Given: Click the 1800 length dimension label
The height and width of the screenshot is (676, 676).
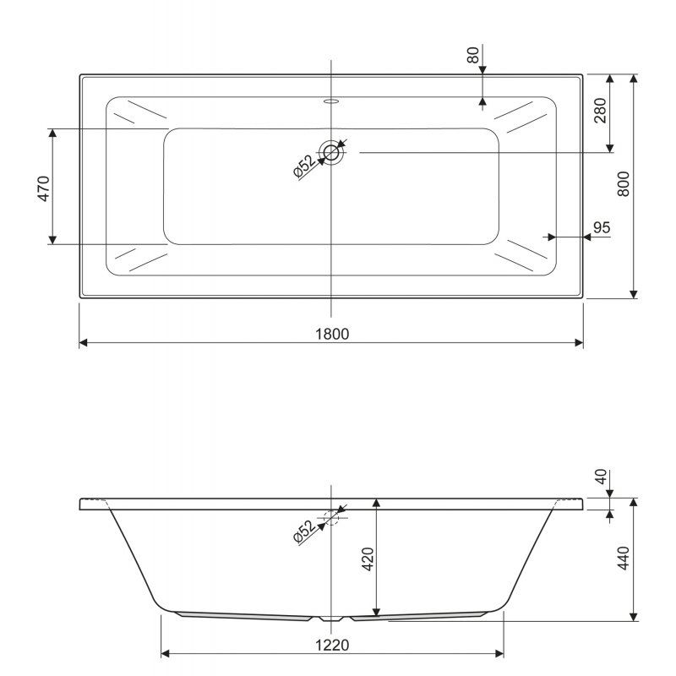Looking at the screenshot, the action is click(x=332, y=334).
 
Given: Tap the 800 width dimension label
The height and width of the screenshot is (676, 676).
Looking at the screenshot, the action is click(x=624, y=184).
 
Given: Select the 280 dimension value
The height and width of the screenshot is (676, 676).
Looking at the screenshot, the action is click(x=600, y=111).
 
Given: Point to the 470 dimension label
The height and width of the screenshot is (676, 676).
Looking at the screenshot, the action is click(x=44, y=188).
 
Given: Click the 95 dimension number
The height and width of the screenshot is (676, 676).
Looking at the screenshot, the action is click(x=602, y=227).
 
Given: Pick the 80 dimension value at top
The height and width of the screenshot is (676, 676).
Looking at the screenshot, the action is click(x=473, y=55).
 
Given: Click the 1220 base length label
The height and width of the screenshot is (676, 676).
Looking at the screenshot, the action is click(x=332, y=646).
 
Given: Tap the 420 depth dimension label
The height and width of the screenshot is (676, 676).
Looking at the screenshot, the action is click(x=368, y=559).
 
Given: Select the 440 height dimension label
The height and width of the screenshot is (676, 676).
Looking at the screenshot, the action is click(x=624, y=558).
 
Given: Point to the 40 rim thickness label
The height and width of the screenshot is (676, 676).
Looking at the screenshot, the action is click(x=601, y=477).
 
